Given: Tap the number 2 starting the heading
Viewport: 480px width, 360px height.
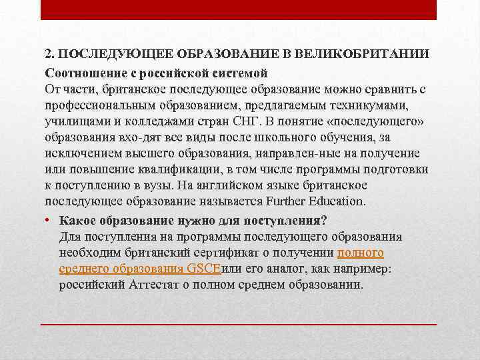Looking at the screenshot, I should pyautogui.click(x=49, y=53).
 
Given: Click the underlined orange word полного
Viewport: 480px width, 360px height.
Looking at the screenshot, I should pyautogui.click(x=361, y=253).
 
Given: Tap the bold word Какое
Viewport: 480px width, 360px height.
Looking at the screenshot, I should pyautogui.click(x=77, y=220).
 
